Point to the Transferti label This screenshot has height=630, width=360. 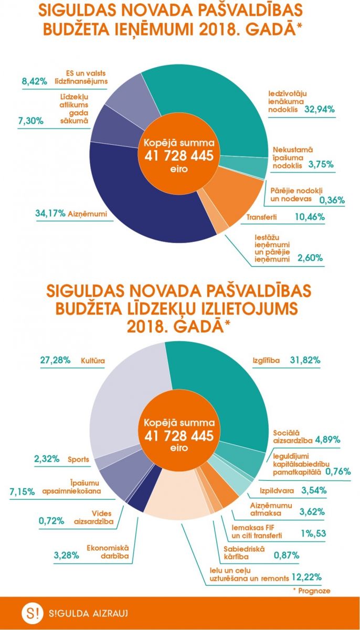(x=262, y=217)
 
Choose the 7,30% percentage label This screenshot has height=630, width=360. (x=29, y=121)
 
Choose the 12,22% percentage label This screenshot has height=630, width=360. (x=306, y=577)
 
